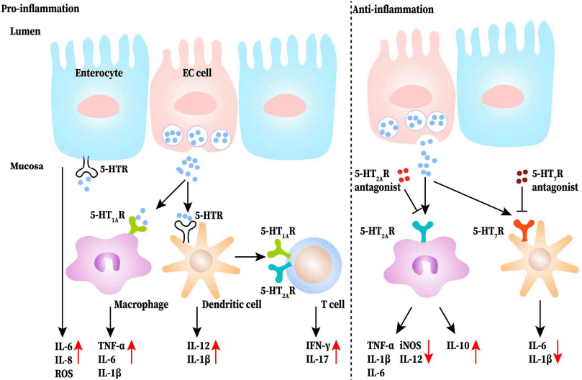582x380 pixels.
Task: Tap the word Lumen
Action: coord(26,32)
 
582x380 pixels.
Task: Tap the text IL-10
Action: coord(455,346)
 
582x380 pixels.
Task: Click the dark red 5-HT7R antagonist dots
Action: coord(524,175)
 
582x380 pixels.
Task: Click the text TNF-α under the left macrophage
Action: coord(110,346)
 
